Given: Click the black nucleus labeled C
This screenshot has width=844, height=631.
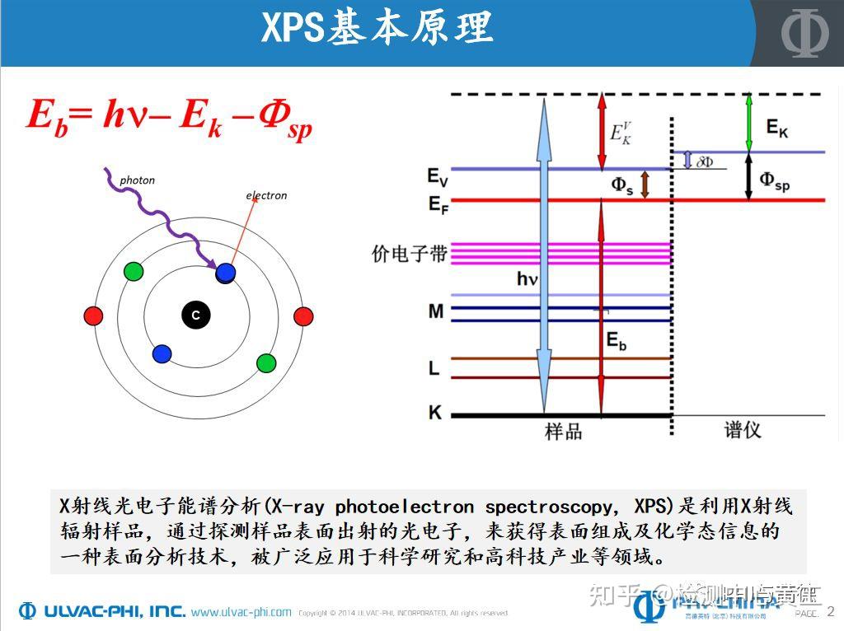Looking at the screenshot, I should [x=195, y=315].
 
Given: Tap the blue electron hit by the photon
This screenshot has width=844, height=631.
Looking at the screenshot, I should [x=226, y=272].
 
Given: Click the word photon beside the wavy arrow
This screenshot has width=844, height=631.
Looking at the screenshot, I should [x=137, y=180].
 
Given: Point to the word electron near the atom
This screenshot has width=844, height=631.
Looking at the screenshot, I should [x=266, y=195].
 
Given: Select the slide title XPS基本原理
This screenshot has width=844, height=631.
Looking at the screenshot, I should [x=377, y=28].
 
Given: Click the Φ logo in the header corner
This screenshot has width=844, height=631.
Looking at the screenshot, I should [x=801, y=33].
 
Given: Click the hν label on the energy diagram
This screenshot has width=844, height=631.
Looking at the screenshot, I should [x=527, y=279].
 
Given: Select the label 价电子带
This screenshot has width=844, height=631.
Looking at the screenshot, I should [x=409, y=254].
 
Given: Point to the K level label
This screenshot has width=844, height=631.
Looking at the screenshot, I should [x=434, y=412].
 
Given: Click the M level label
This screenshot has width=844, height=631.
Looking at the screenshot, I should [x=435, y=311].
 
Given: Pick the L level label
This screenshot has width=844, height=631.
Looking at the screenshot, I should [x=434, y=368].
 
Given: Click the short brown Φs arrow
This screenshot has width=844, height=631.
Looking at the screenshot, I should [x=645, y=185].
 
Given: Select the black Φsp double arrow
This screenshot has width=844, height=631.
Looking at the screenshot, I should [x=748, y=175].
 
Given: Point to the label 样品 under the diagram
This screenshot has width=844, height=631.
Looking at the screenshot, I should [x=563, y=431].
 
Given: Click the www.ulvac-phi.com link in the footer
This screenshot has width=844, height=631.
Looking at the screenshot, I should [x=241, y=612].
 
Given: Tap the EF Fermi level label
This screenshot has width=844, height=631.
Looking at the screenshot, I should [x=438, y=203].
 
